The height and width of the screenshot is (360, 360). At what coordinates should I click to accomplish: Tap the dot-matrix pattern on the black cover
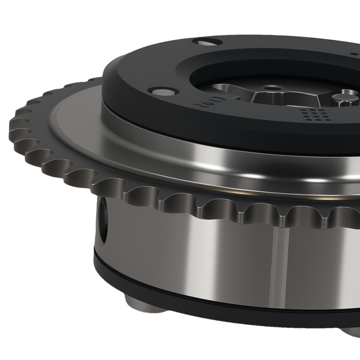coord(311,114)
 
